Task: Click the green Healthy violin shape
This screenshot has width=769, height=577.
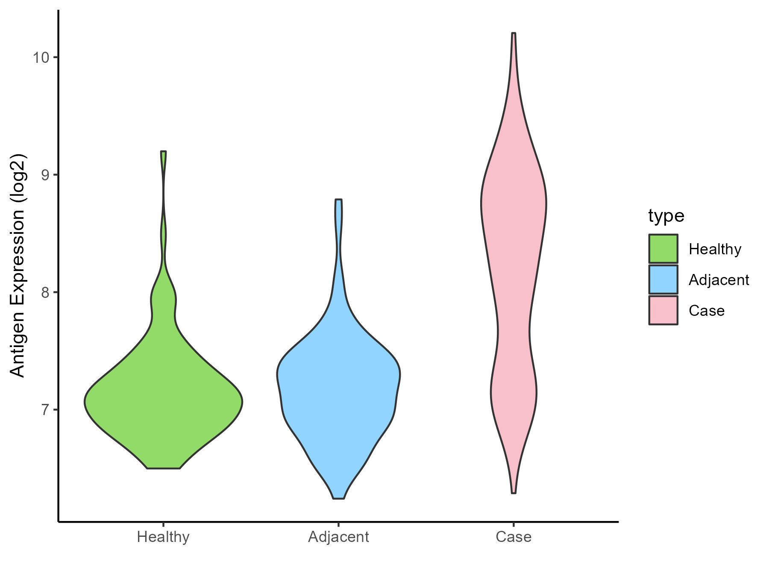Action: click(x=163, y=402)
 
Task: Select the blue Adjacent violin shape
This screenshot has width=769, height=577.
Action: click(x=338, y=385)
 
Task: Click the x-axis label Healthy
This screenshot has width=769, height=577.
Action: click(x=163, y=537)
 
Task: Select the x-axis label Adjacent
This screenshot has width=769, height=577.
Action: click(x=338, y=537)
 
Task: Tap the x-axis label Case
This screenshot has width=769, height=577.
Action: click(x=514, y=537)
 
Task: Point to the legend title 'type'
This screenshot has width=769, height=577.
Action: click(x=666, y=216)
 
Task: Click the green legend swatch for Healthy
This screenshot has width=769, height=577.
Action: click(x=663, y=249)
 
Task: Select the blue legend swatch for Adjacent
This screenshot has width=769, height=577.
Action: click(x=663, y=280)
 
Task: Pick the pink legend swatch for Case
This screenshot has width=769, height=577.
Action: click(x=663, y=310)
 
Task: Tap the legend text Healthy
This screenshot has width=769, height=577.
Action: click(x=715, y=249)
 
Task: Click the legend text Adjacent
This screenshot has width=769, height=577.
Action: click(x=719, y=280)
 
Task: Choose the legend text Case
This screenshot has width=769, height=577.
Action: click(x=707, y=311)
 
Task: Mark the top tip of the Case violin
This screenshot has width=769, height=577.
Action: click(x=514, y=33)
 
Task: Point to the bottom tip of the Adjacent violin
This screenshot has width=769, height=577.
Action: click(x=338, y=498)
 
